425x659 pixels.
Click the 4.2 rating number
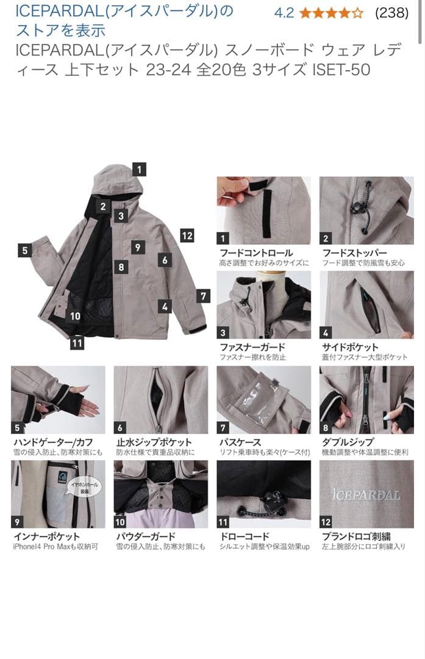pyautogui.click(x=284, y=13)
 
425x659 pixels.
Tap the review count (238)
pyautogui.click(x=391, y=13)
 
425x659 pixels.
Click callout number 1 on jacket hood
pyautogui.click(x=140, y=170)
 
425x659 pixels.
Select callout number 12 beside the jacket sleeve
pyautogui.click(x=187, y=236)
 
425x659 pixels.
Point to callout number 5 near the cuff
pyautogui.click(x=25, y=250)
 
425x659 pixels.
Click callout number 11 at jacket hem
pyautogui.click(x=76, y=343)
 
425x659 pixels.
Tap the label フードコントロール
pyautogui.click(x=256, y=253)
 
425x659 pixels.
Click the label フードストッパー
pyautogui.click(x=355, y=253)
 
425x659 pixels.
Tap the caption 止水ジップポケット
pyautogui.click(x=154, y=442)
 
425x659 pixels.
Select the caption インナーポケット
pyautogui.click(x=46, y=536)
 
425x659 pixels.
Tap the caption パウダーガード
pyautogui.click(x=146, y=536)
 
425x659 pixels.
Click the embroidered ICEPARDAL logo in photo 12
pyautogui.click(x=366, y=495)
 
